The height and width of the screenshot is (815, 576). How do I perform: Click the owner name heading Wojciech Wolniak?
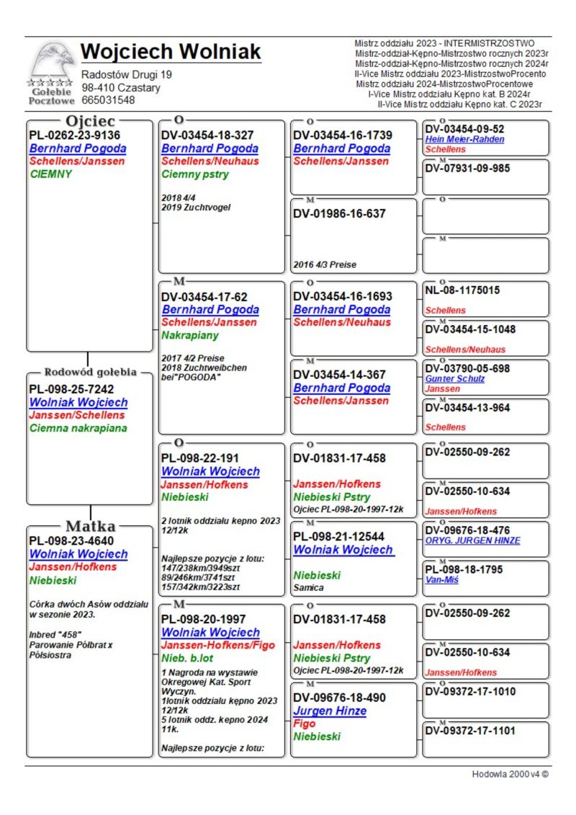click(171, 53)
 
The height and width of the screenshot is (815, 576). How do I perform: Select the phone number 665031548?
click(108, 100)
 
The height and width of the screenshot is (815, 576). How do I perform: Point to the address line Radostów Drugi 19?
click(127, 75)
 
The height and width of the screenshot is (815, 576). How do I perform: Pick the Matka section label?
click(91, 526)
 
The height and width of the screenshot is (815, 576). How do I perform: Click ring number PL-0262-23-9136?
click(74, 135)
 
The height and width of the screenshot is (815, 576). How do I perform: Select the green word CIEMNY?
click(51, 174)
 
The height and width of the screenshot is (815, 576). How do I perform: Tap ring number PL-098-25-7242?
click(71, 389)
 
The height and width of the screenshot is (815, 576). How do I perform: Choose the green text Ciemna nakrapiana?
click(78, 428)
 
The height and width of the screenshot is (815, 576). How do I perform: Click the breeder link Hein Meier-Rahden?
click(464, 139)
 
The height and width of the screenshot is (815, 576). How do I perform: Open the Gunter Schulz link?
click(455, 378)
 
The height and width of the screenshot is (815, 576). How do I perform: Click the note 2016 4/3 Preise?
click(325, 264)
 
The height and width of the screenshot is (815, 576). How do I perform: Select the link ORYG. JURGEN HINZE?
click(472, 540)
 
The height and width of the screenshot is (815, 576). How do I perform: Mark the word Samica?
click(309, 588)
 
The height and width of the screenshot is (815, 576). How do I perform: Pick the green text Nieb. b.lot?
click(186, 659)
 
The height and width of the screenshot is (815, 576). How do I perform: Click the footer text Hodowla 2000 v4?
click(510, 774)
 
